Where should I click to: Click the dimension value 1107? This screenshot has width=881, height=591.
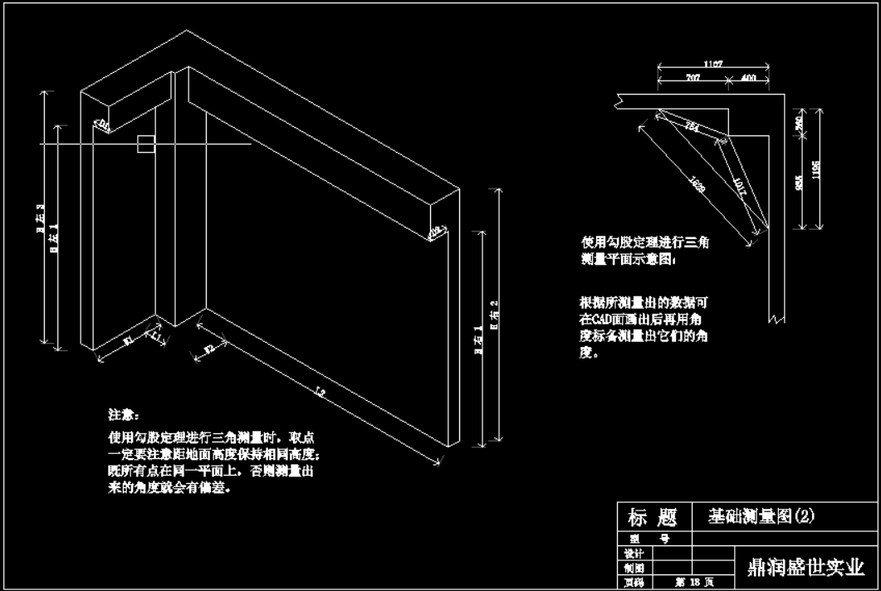click(x=712, y=63)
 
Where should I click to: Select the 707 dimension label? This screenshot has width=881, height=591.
click(x=692, y=78)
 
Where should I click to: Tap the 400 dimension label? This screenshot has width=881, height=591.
click(x=749, y=78)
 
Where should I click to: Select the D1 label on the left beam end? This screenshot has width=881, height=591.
click(x=102, y=125)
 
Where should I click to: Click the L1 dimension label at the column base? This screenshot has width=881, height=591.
click(x=156, y=336)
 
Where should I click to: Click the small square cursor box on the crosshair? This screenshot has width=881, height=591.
click(x=145, y=144)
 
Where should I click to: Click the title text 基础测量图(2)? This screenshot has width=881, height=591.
click(x=761, y=516)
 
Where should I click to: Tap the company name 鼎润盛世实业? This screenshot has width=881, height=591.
click(x=806, y=566)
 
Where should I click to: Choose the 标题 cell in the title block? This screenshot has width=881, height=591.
click(x=653, y=519)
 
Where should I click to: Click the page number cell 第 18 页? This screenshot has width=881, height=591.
click(x=690, y=584)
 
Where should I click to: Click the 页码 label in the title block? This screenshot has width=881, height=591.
click(x=633, y=584)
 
